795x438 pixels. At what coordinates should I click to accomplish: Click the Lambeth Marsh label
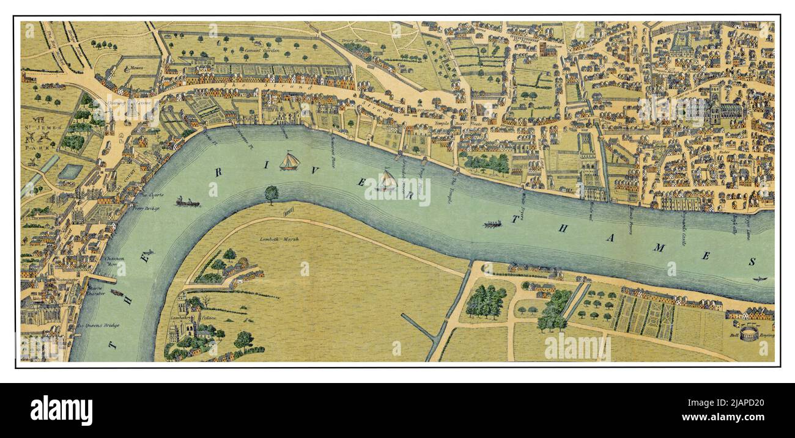tap(273, 239)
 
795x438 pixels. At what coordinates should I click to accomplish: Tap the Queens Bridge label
tap(99, 325)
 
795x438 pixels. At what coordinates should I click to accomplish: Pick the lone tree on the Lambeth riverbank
tap(271, 194)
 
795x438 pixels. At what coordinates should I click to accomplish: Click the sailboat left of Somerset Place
tap(289, 161)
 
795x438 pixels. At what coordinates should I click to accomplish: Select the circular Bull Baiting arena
tap(749, 333)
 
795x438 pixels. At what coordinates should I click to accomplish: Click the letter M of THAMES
tap(659, 247)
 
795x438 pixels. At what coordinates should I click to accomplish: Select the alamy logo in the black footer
tap(61, 410)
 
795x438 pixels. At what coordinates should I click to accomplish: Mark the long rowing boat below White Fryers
tap(492, 224)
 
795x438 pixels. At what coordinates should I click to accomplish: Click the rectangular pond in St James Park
tap(70, 172)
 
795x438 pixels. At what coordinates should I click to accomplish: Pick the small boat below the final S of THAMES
tap(760, 279)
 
